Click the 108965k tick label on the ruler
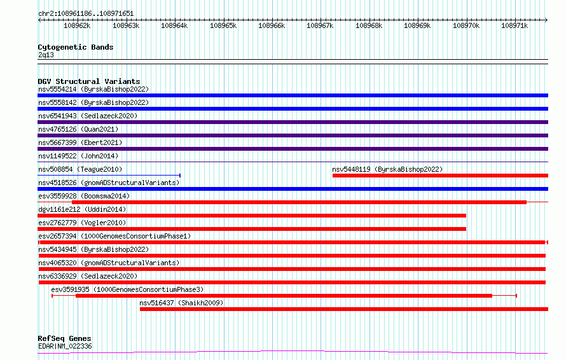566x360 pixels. [223, 26]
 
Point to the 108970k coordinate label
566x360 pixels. [466, 26]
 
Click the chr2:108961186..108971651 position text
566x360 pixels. [86, 13]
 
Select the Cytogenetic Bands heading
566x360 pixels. [75, 47]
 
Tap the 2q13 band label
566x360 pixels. [46, 55]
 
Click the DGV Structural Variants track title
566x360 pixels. [88, 81]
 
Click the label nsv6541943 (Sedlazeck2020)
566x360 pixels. [88, 116]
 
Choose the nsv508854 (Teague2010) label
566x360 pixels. [80, 169]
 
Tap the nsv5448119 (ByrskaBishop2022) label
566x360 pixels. [387, 169]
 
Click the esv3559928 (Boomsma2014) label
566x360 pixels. [83, 196]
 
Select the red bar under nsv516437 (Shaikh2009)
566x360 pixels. [343, 309]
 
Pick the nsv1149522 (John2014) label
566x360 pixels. [78, 156]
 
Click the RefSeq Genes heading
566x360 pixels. [64, 338]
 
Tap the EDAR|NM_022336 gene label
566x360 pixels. [65, 346]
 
